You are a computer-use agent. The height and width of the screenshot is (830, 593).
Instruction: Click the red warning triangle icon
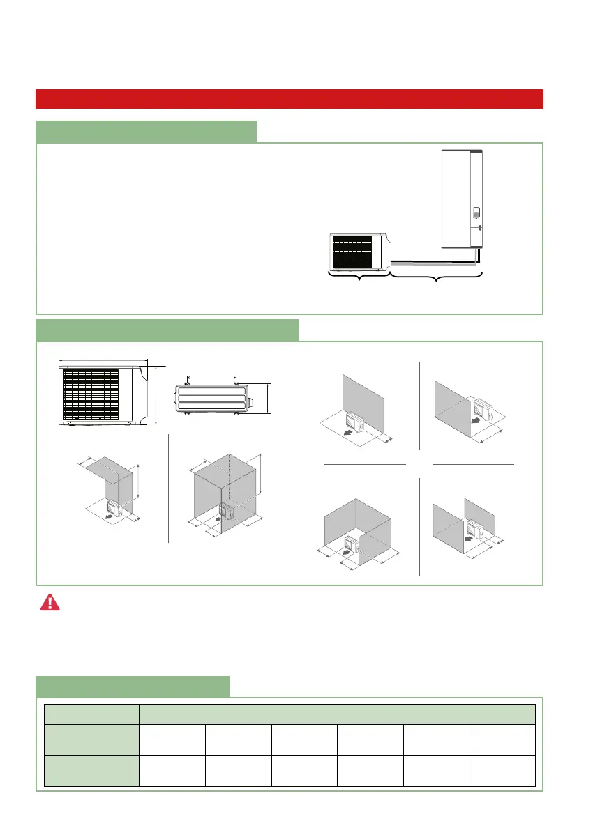(50, 603)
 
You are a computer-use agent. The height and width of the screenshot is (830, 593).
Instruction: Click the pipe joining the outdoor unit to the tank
(433, 263)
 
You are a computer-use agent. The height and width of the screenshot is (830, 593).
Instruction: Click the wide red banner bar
(289, 99)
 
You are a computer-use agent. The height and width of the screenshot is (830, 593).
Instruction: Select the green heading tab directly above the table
(133, 686)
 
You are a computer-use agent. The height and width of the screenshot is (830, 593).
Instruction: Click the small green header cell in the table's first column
(91, 714)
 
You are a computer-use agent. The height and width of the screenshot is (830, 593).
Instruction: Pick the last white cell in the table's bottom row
(502, 771)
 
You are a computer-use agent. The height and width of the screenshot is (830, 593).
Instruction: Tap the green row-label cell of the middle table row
(91, 740)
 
